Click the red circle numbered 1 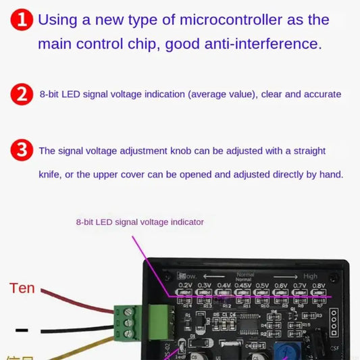click(x=23, y=20)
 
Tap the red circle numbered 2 click(x=22, y=95)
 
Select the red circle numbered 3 click(x=22, y=150)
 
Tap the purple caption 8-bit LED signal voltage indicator click(x=140, y=222)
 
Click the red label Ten click(x=22, y=288)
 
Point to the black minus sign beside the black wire click(x=22, y=330)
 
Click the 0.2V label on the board click(x=186, y=285)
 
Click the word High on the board click(x=310, y=276)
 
